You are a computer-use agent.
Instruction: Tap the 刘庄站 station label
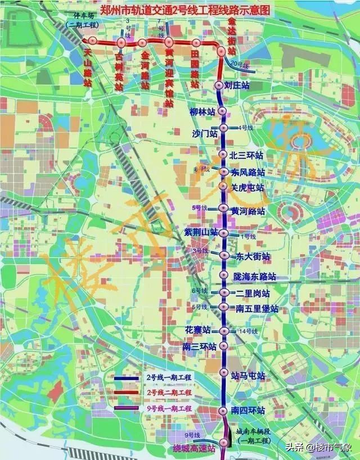pyautogui.click(x=236, y=85)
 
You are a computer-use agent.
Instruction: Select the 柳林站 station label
pyautogui.click(x=202, y=112)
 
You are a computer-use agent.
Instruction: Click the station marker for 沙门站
pyautogui.click(x=223, y=128)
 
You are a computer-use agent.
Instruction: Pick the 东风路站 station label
pyautogui.click(x=247, y=172)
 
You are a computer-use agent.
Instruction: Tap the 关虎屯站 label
pyautogui.click(x=247, y=187)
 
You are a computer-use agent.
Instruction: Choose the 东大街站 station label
pyautogui.click(x=253, y=256)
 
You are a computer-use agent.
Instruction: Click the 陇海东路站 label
pyautogui.click(x=255, y=277)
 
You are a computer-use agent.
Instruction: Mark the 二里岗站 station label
pyautogui.click(x=253, y=294)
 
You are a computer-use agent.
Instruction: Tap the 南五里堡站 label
pyautogui.click(x=257, y=309)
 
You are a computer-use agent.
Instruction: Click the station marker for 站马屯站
pyautogui.click(x=223, y=372)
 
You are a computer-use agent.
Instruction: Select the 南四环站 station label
pyautogui.click(x=248, y=411)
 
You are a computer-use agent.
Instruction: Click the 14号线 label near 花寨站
pyautogui.click(x=247, y=332)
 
